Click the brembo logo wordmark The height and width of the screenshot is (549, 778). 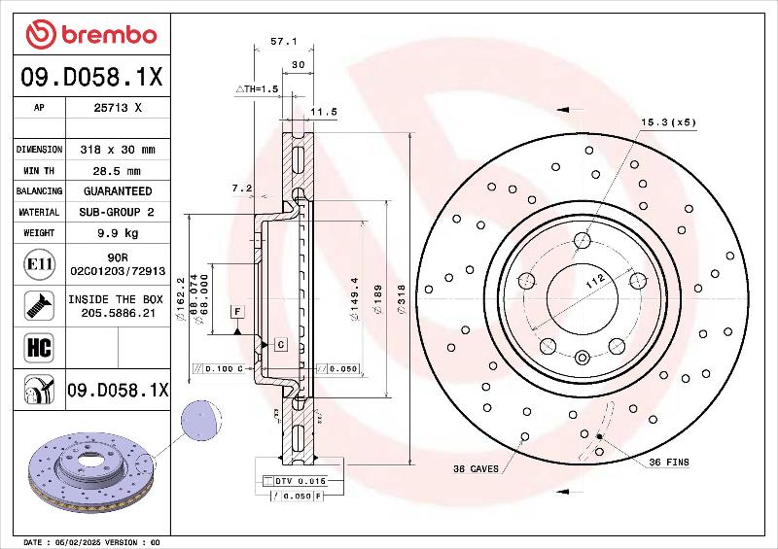(109, 35)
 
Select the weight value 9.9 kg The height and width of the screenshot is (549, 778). (118, 233)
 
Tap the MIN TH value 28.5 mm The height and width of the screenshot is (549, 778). (117, 171)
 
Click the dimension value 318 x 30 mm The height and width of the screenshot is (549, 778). (118, 150)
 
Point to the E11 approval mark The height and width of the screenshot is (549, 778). (39, 264)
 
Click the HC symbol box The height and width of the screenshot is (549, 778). (39, 347)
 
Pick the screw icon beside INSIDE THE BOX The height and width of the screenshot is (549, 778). (39, 305)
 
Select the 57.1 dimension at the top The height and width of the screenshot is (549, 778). (283, 42)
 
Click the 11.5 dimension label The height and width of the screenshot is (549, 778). (324, 112)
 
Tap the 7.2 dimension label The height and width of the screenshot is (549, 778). (242, 188)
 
